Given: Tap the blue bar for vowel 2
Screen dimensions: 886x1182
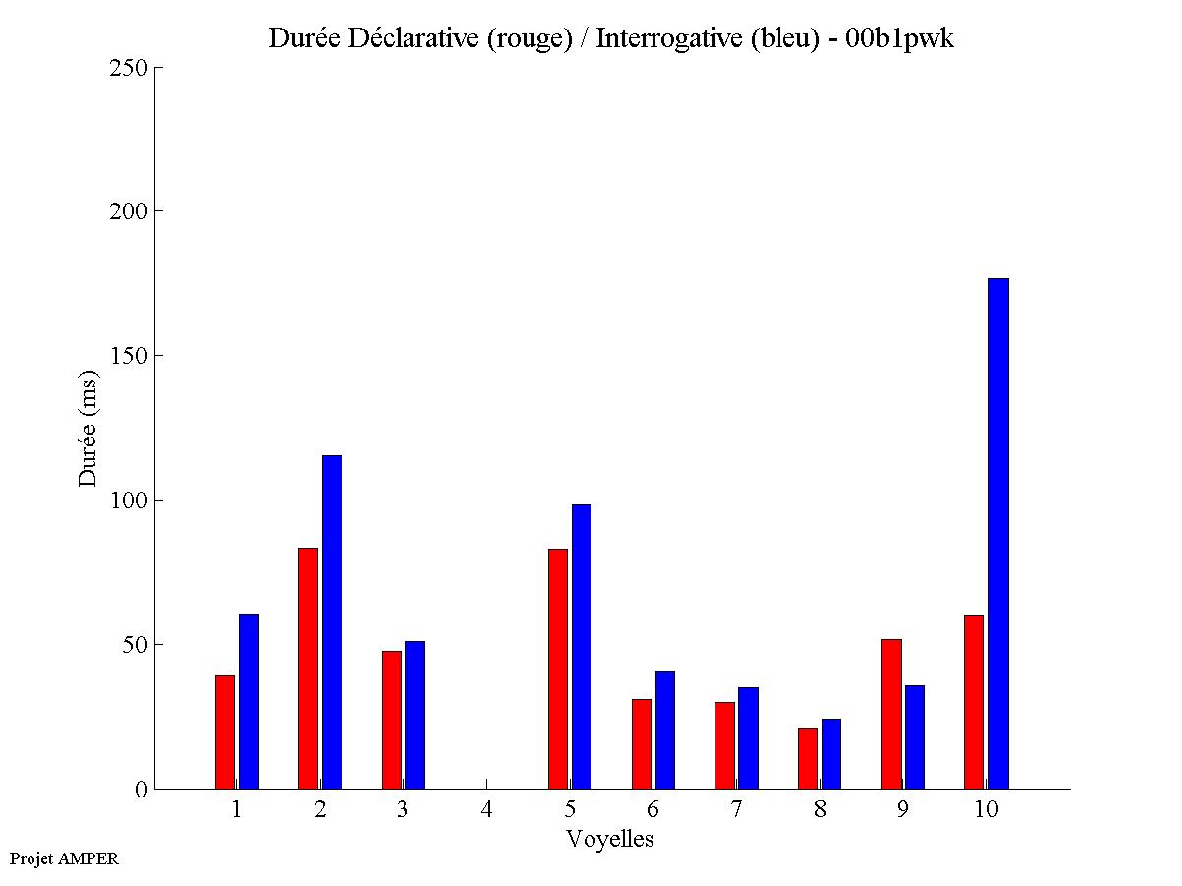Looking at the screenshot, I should pyautogui.click(x=332, y=621).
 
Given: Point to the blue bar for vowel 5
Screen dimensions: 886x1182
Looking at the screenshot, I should pyautogui.click(x=582, y=646).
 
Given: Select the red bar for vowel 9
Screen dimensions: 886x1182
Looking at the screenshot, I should pyautogui.click(x=891, y=714).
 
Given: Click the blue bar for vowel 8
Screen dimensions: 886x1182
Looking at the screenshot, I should pyautogui.click(x=832, y=753).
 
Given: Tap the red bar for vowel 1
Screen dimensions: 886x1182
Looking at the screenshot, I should pyautogui.click(x=224, y=732).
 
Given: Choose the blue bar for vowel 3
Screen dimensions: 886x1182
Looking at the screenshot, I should pyautogui.click(x=415, y=715).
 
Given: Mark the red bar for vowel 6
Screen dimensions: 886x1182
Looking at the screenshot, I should pyautogui.click(x=641, y=743).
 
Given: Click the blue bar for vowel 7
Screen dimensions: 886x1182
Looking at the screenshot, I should pyautogui.click(x=748, y=738).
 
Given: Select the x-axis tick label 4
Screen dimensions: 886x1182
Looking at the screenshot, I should pyautogui.click(x=486, y=810).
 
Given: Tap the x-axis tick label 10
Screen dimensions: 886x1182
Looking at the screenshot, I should pyautogui.click(x=986, y=810).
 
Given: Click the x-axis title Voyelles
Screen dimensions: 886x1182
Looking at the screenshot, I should pyautogui.click(x=610, y=839).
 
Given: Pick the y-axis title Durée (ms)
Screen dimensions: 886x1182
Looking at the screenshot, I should pyautogui.click(x=89, y=428).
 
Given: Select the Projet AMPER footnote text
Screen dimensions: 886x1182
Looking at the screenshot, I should pyautogui.click(x=64, y=858).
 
